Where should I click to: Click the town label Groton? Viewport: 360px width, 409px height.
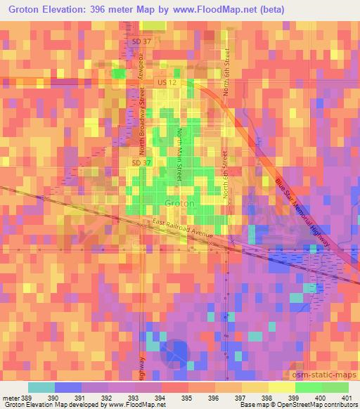click(175, 203)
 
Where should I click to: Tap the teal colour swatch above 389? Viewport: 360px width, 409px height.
click(41, 387)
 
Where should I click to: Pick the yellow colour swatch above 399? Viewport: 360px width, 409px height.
click(281, 387)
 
